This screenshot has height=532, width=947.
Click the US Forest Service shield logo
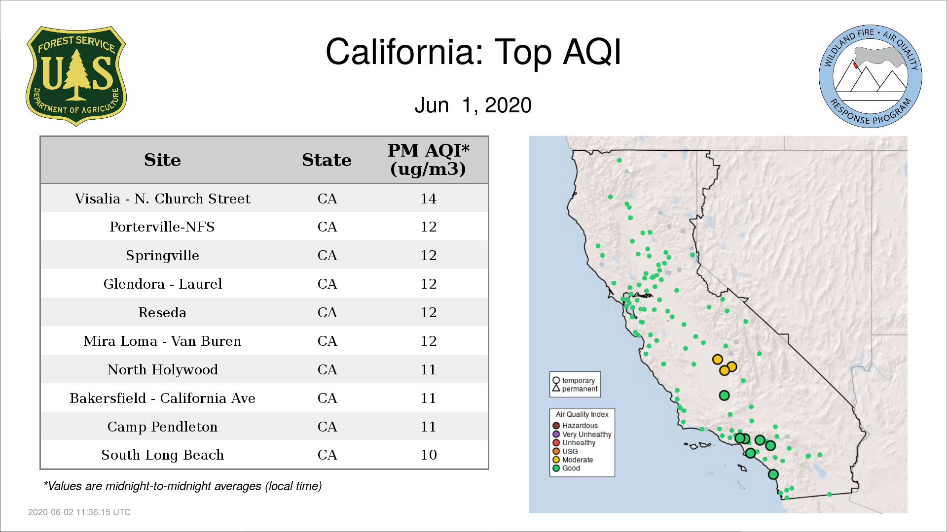pos(76,76)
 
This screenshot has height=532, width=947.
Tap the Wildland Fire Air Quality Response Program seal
pos(871,76)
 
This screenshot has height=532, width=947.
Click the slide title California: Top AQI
pos(473,52)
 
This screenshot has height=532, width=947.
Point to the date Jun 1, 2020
pos(473,105)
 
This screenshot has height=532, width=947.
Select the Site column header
pos(162,160)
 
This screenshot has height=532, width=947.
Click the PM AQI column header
pos(428,160)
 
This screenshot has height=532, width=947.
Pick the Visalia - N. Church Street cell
pos(162,199)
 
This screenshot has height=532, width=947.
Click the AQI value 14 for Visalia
pos(428,199)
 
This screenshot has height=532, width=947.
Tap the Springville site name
pos(162,255)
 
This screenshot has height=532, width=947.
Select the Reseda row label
pos(162,312)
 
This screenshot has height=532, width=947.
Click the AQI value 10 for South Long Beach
pos(428,455)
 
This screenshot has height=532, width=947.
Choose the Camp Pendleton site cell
pos(162,427)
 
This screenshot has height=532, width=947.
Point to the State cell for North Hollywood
pos(327,369)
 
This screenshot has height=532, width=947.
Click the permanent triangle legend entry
pos(575,389)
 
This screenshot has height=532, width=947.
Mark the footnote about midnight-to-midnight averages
pos(182,486)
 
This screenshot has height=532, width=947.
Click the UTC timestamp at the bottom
pos(79,512)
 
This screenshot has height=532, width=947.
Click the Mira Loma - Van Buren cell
pos(162,341)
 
